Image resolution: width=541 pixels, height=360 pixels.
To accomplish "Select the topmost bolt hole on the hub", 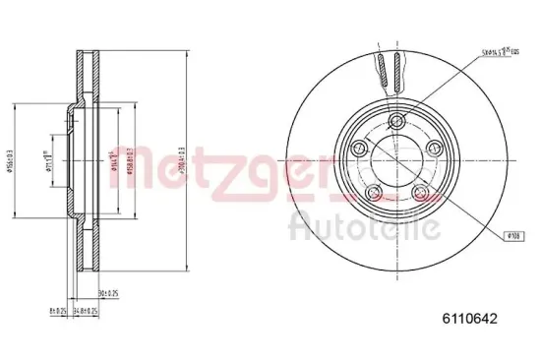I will [x=395, y=120].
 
